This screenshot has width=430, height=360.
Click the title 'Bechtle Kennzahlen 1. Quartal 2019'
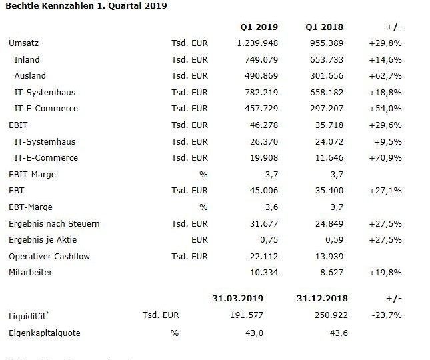pos(86,6)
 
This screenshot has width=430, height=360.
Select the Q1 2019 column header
pos(259,27)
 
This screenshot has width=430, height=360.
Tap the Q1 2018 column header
pos(325,27)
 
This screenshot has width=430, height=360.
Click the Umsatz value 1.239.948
pos(257,43)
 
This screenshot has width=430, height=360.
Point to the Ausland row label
pos(30,76)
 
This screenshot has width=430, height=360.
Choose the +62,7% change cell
pos(385,76)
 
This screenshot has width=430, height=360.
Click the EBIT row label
pos(18,125)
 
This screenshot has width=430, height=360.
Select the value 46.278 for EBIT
pos(264,125)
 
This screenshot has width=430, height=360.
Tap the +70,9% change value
pos(385,158)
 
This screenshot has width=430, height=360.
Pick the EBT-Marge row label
pos(31,207)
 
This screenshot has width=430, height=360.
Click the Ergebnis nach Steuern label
pos(54,224)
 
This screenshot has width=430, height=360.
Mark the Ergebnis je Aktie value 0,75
pos(269,240)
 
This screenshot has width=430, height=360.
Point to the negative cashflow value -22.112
pos(262,257)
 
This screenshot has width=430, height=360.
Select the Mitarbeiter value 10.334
pos(264,273)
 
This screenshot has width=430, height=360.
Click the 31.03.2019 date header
pos(238,298)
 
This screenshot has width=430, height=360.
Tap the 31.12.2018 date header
pos(322,298)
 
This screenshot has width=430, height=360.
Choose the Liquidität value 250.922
pos(331,315)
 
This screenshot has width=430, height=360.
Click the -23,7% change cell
pos(387,315)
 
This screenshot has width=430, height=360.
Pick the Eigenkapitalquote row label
pos(45,333)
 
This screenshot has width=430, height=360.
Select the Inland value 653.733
pos(327,59)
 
